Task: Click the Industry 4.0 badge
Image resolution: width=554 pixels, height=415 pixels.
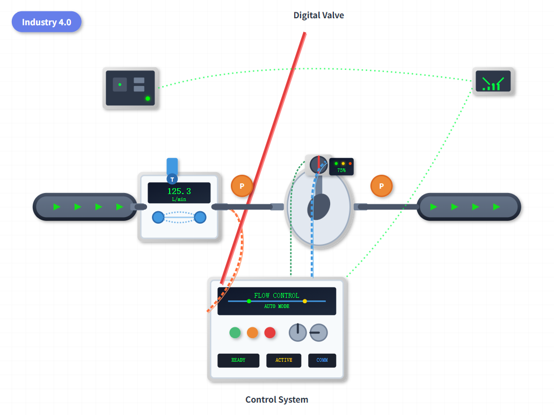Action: click(46, 22)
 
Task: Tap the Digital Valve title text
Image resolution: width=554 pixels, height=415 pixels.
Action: click(318, 15)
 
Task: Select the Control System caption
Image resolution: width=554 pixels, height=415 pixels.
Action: click(276, 399)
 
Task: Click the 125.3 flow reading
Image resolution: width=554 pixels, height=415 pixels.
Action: click(179, 191)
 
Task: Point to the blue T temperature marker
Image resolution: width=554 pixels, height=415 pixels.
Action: click(172, 179)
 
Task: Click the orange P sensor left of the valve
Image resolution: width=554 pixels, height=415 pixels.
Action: click(242, 186)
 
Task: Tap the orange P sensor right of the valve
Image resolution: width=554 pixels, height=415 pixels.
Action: click(381, 186)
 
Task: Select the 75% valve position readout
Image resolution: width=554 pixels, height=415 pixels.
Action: click(341, 170)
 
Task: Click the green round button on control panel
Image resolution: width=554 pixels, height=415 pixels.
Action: click(235, 333)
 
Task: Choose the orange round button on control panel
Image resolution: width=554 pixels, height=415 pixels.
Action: click(252, 333)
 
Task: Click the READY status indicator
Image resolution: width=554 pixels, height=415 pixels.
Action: click(238, 360)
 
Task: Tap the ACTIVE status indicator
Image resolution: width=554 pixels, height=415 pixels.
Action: click(283, 360)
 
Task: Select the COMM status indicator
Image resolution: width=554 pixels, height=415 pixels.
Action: click(322, 360)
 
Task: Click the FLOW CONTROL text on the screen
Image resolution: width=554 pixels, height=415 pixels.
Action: click(276, 295)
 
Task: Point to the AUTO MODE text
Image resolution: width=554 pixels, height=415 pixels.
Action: click(276, 306)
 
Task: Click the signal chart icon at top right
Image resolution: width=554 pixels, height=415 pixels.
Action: click(493, 82)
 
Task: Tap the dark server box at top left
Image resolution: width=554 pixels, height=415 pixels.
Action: click(130, 88)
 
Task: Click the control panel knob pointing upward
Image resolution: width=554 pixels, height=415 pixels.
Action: click(297, 333)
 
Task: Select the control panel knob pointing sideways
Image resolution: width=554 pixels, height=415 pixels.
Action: click(318, 333)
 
